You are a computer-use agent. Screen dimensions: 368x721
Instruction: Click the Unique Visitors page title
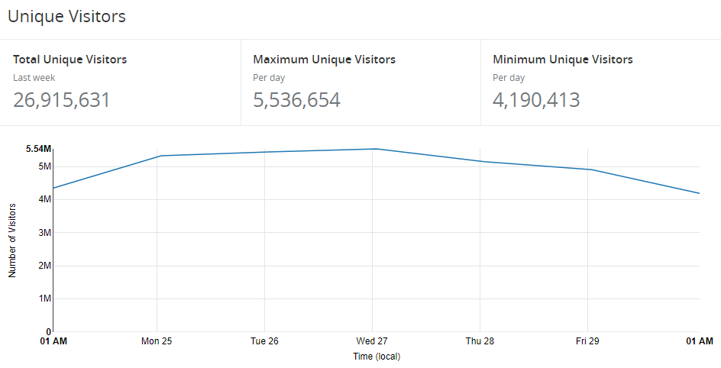[x=66, y=16]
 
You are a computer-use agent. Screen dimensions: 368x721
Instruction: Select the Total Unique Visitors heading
[x=70, y=60]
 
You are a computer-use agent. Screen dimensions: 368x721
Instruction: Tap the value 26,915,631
[x=62, y=100]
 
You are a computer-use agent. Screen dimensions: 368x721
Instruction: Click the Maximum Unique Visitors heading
[x=324, y=60]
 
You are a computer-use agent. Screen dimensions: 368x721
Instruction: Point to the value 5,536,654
[x=296, y=100]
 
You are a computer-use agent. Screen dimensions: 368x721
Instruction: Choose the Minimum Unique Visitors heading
[x=562, y=60]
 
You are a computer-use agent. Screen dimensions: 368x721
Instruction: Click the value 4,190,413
[x=536, y=100]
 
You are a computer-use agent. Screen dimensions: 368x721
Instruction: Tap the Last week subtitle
[x=34, y=78]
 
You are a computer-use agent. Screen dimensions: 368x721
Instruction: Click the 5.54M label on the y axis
[x=38, y=149]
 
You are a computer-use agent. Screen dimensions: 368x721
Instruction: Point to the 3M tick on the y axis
[x=44, y=233]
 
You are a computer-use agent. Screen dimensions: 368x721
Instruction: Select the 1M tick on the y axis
[x=44, y=299]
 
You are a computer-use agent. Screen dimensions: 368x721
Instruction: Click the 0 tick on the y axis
[x=48, y=332]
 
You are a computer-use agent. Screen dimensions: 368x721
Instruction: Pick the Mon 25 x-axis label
[x=157, y=341]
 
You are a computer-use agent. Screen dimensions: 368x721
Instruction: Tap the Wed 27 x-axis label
[x=372, y=341]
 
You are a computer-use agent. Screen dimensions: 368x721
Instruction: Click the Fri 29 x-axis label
[x=587, y=341]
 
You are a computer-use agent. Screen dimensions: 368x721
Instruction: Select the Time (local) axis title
[x=376, y=357]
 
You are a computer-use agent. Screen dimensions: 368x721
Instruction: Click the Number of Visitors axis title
[x=12, y=240]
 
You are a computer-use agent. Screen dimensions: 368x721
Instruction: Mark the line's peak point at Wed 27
[x=373, y=149]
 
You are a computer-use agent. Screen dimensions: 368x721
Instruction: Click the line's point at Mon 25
[x=157, y=156]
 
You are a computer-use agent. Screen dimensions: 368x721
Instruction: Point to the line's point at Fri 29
[x=588, y=169]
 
